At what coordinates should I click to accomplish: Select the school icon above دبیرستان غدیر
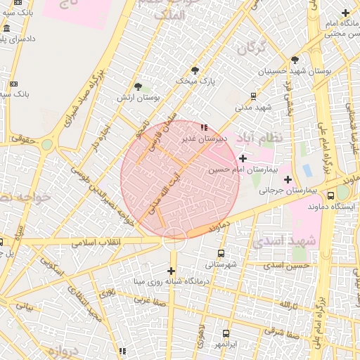pos(204,127)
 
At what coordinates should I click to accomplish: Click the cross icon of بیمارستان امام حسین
pos(243,158)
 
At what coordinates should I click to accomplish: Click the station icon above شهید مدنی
pos(254,96)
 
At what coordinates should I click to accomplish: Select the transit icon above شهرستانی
pos(221,253)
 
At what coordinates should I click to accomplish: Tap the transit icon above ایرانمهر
pos(226,334)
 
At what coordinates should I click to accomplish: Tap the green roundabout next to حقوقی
pos(46,144)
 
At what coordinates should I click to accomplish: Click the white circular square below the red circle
pos(174,239)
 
